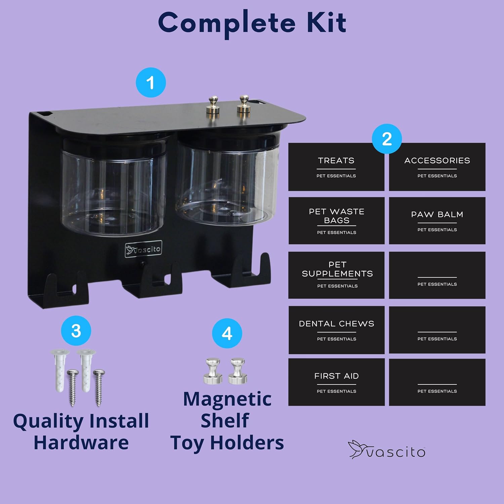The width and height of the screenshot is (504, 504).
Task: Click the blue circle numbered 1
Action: [151, 83]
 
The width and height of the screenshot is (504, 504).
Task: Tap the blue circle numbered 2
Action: [387, 139]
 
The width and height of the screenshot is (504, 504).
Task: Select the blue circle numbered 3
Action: [76, 331]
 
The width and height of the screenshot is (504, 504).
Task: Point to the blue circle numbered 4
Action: [227, 333]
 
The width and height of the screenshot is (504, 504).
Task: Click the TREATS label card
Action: [336, 167]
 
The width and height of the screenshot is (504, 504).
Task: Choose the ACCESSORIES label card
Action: [437, 167]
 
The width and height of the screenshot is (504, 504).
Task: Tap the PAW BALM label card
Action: [437, 221]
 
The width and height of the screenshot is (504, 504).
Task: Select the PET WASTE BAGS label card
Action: [336, 221]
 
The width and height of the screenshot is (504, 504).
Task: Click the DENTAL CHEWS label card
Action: [336, 330]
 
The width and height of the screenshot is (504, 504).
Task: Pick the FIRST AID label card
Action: [336, 382]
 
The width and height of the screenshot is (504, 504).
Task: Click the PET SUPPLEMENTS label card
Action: [336, 275]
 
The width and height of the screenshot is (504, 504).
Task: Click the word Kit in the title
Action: [326, 23]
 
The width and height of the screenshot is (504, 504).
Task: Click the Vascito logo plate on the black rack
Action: [143, 249]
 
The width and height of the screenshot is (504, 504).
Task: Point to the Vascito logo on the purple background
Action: [387, 450]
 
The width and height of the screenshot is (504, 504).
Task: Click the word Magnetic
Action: [227, 399]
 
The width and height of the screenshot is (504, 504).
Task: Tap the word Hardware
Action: [81, 442]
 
